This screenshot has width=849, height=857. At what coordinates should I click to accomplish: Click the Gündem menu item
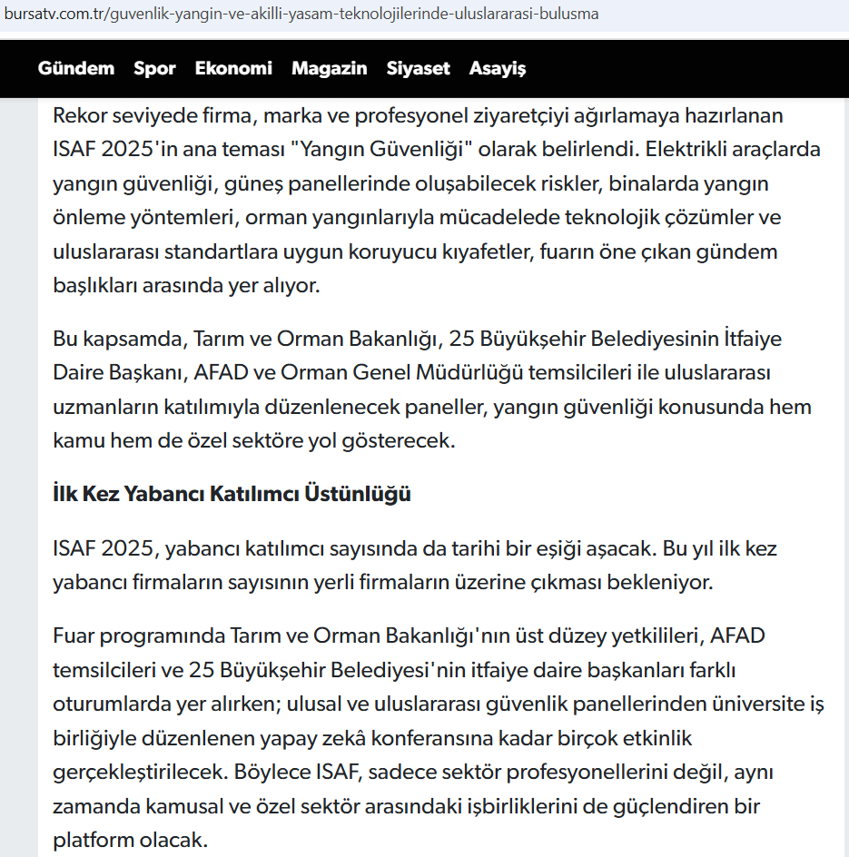[x=76, y=68]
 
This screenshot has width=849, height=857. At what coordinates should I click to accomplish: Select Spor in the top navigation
[x=154, y=68]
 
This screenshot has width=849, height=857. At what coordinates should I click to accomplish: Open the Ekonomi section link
[x=233, y=68]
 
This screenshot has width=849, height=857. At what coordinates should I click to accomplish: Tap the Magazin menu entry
[x=330, y=68]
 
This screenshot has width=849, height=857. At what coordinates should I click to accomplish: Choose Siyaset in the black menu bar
[x=419, y=68]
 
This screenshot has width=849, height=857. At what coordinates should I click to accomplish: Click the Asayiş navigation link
[x=498, y=68]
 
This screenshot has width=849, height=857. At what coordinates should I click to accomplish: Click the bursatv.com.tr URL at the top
[x=301, y=15]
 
